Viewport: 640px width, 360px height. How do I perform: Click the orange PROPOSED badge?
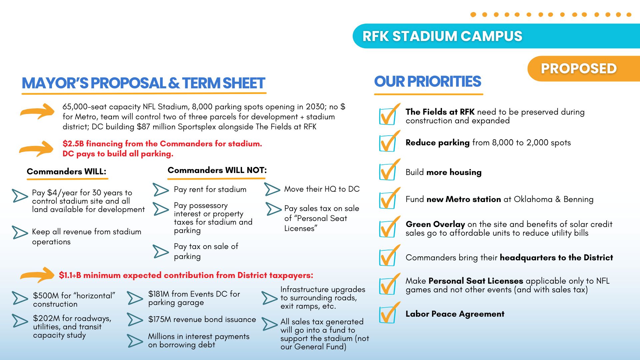[x=583, y=69]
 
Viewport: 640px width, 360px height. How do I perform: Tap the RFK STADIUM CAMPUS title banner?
[x=496, y=36]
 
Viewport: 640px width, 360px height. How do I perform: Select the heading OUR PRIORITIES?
[x=428, y=82]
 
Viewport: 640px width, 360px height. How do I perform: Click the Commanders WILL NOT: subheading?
[x=217, y=170]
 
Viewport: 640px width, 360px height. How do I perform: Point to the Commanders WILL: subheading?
[x=66, y=172]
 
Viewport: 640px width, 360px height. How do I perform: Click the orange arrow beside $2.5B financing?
[x=36, y=149]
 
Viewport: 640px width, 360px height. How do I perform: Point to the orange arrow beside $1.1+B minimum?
[x=37, y=275]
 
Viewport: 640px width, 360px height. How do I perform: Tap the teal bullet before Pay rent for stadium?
[x=161, y=190]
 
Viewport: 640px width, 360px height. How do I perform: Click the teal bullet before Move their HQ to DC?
[x=272, y=189]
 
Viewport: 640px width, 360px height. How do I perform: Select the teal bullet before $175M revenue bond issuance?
[x=135, y=319]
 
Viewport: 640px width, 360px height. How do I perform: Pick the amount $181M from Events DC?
[x=159, y=294]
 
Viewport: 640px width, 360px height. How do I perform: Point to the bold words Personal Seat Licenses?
[x=476, y=281]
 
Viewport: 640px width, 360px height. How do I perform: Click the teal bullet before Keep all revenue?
[x=20, y=232]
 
